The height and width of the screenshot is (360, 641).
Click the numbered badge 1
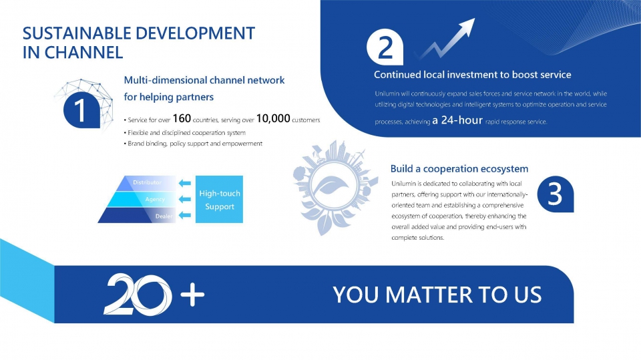tap(81, 110)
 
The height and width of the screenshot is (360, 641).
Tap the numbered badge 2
tap(385, 47)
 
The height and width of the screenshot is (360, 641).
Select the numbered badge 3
tap(555, 194)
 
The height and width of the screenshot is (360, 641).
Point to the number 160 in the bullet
tap(182, 118)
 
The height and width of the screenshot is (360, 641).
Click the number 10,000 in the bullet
tap(273, 118)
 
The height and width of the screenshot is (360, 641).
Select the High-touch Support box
tap(219, 199)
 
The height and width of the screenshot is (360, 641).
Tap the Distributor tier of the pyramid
tap(145, 183)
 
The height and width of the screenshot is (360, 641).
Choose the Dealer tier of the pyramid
tap(137, 215)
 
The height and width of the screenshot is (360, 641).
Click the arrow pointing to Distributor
tap(185, 183)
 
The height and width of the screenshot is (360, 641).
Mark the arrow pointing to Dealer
tap(185, 215)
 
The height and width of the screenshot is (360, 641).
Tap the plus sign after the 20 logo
tap(192, 294)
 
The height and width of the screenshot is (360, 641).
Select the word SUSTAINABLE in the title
tap(76, 33)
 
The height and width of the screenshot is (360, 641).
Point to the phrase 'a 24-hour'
tap(457, 120)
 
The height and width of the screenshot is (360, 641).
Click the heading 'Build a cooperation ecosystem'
tap(459, 168)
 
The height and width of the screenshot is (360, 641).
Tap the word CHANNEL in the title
tap(83, 52)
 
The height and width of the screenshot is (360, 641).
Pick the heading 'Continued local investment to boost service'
tap(473, 74)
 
